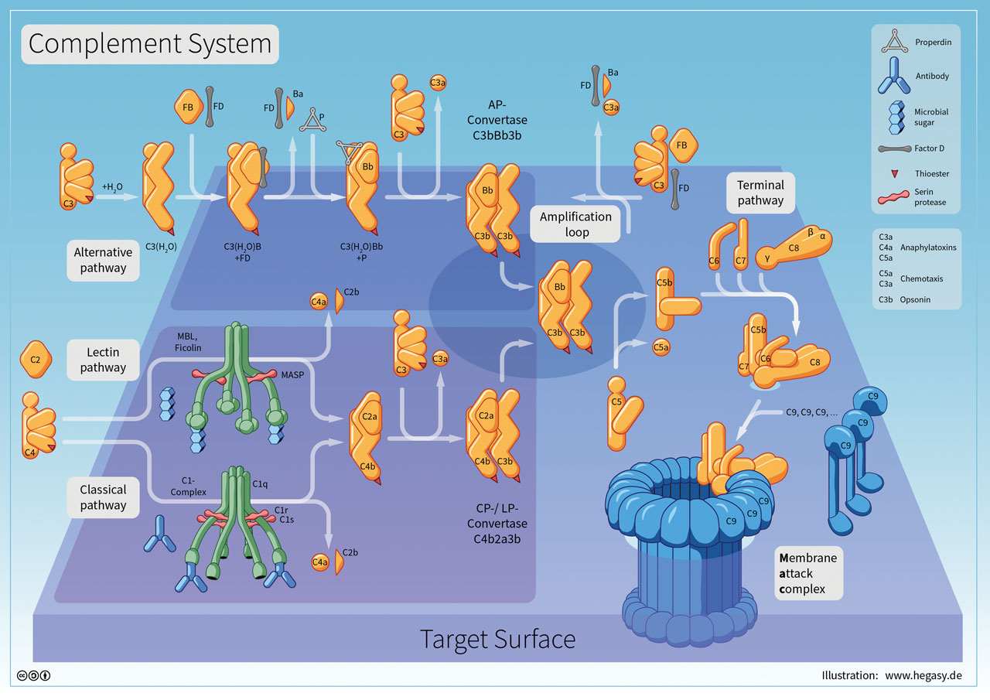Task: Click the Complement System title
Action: [x=149, y=43]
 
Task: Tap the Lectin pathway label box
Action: [x=103, y=360]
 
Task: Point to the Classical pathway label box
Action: [x=103, y=497]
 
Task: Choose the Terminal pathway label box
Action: [x=760, y=193]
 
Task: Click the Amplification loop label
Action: [x=576, y=224]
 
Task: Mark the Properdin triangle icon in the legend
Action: [x=893, y=43]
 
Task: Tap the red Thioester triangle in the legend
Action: [x=893, y=174]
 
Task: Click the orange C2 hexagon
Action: [x=35, y=360]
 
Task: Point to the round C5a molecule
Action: [x=661, y=347]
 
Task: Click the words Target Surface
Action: [x=497, y=640]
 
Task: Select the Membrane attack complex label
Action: [x=807, y=573]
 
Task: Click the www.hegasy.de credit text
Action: [x=923, y=675]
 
